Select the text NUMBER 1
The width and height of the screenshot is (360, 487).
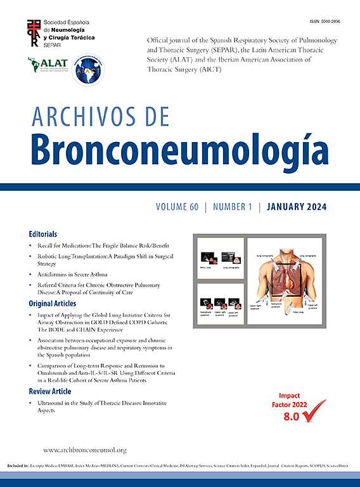coord(233,207)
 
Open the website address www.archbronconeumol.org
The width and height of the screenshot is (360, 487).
coord(85,450)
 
